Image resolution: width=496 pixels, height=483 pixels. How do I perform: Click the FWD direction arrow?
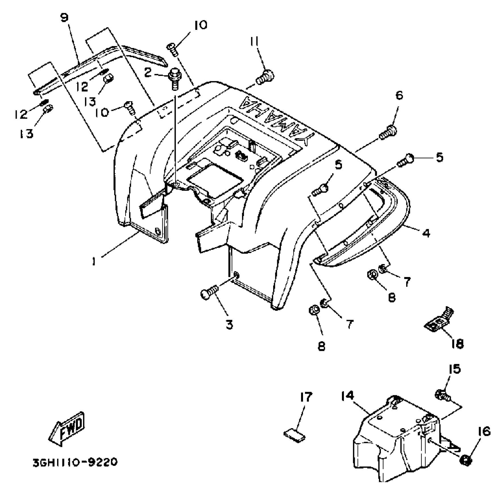point(67,429)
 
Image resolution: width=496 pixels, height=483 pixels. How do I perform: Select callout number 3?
point(229,324)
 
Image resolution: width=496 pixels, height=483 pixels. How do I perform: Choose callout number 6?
point(399,96)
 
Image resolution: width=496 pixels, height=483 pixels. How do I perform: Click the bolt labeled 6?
point(388,133)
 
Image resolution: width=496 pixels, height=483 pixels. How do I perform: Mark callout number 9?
point(65,18)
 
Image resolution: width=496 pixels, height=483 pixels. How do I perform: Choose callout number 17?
point(306,397)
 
